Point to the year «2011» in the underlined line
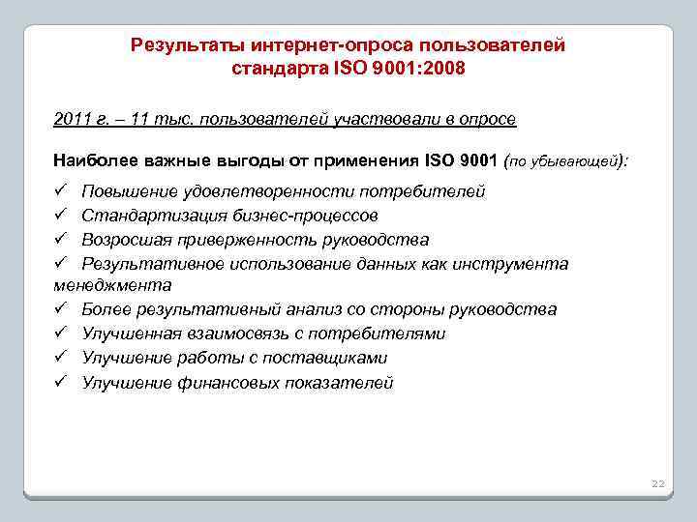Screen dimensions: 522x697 coord(73,119)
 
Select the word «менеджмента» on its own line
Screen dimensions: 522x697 coord(112,285)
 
